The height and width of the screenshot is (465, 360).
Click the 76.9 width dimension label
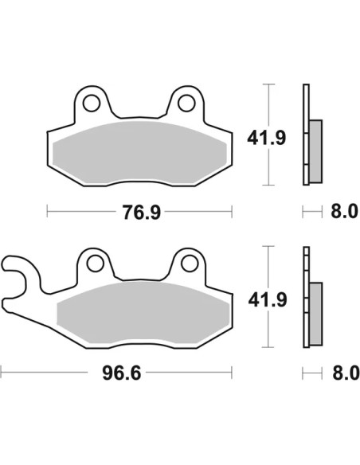click(x=142, y=213)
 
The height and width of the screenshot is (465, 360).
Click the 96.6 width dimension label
click(x=121, y=373)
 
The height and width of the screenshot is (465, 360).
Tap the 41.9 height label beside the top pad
click(x=267, y=138)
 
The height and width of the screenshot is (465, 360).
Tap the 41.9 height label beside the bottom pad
click(x=268, y=300)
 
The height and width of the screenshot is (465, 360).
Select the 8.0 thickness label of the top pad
click(x=344, y=212)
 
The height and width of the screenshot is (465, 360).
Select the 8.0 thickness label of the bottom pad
click(x=346, y=373)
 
